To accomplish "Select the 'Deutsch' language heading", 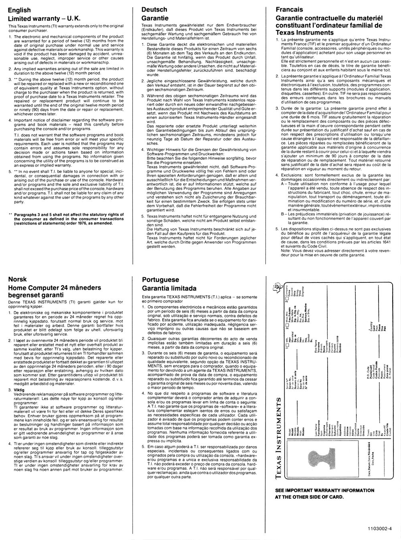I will tap(154, 9).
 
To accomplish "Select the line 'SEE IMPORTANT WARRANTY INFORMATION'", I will tap(324, 490).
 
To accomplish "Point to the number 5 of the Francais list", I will tap(277, 229).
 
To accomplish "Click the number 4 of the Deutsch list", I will tap(143, 150).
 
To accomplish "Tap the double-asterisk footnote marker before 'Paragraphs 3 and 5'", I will tap(10, 215).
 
